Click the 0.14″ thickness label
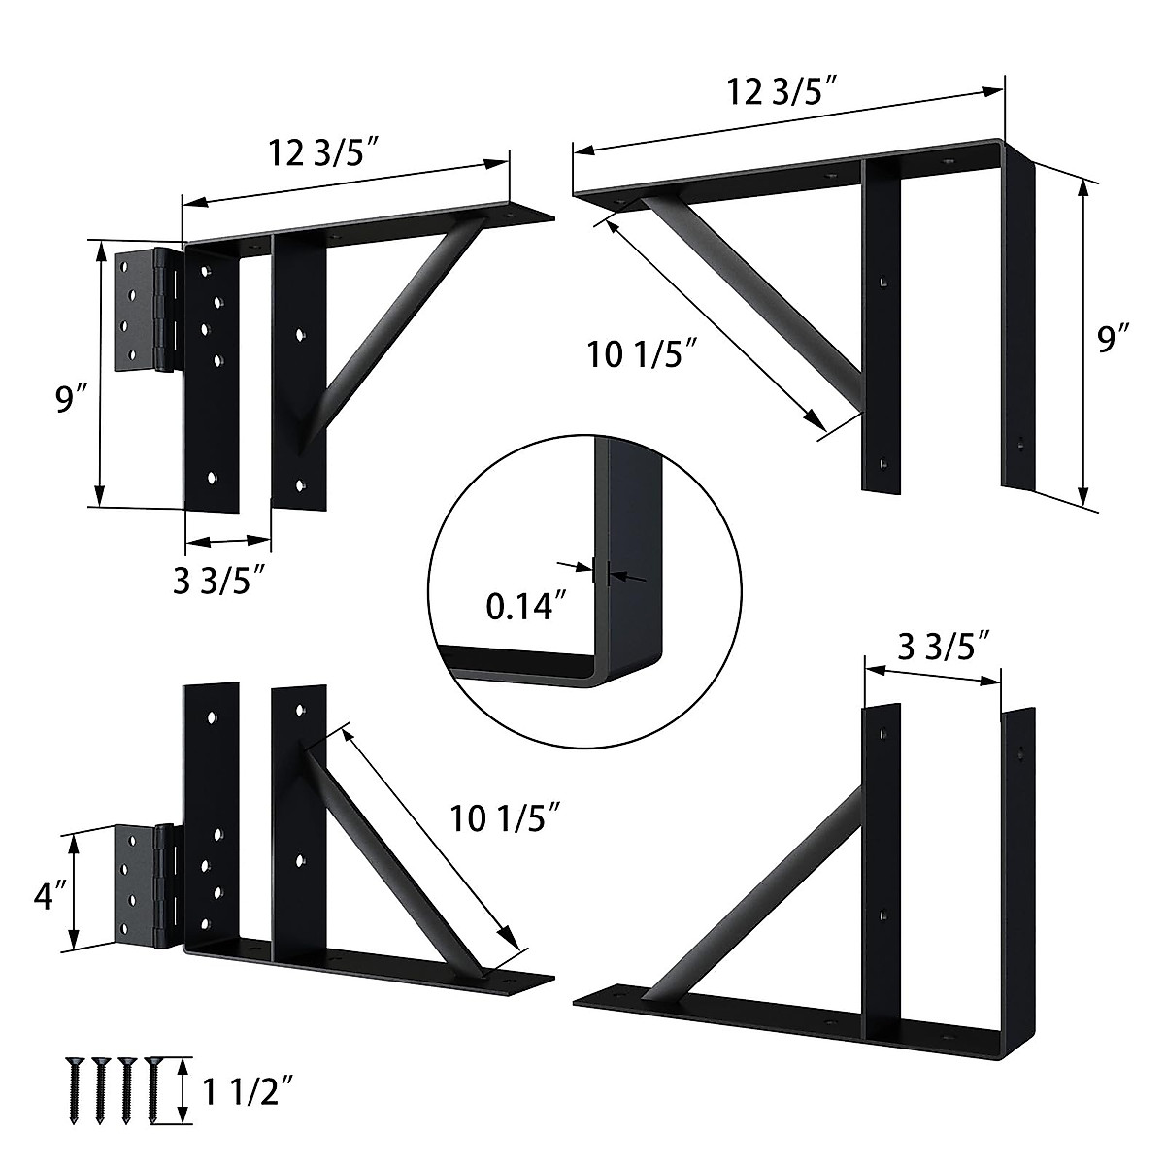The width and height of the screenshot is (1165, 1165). [x=525, y=607]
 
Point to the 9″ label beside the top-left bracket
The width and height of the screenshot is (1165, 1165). [x=72, y=399]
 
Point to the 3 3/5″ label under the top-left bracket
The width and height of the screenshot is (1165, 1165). [x=220, y=582]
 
